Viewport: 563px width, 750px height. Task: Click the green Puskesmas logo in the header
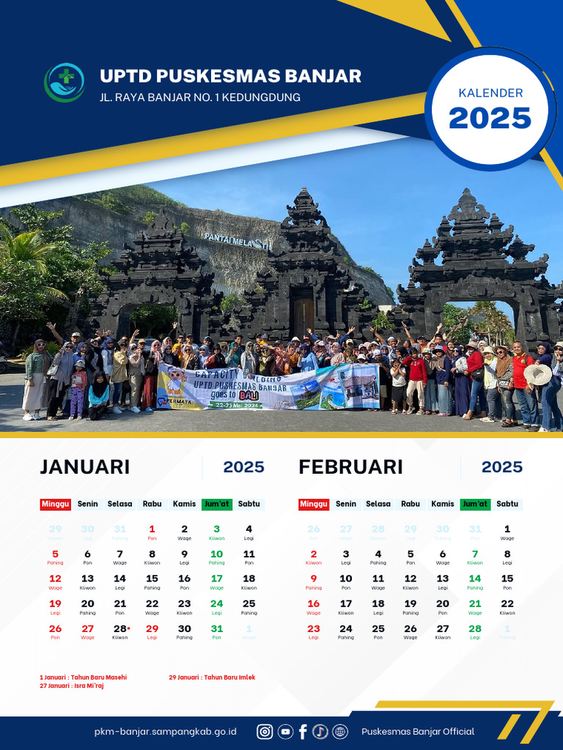65,82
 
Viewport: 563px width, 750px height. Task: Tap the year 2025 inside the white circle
490,118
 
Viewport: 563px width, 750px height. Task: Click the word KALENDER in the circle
490,93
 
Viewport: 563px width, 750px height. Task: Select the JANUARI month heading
85,467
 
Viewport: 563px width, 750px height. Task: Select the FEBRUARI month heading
350,467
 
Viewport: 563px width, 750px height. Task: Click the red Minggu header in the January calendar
56,504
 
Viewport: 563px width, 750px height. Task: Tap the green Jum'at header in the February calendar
475,504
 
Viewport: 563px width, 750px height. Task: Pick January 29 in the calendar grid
152,629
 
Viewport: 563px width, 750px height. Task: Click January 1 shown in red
152,530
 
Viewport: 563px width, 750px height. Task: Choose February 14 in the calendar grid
475,579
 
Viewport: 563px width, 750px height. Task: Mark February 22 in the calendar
507,604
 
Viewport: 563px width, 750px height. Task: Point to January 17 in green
216,579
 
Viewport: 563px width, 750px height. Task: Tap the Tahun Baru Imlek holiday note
212,677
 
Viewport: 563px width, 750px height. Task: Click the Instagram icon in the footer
265,731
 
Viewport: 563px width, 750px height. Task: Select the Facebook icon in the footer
303,731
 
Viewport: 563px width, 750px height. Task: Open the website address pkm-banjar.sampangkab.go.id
166,732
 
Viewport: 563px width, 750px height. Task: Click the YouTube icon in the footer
285,731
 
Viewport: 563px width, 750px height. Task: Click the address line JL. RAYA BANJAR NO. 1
200,97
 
